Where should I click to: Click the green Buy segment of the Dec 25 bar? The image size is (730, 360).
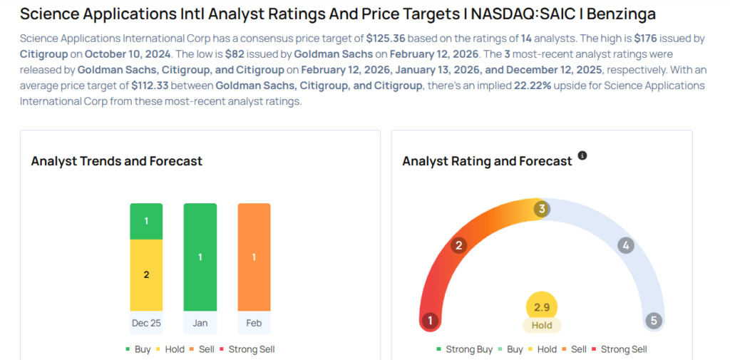(146, 221)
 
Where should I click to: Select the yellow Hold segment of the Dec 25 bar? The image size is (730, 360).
(146, 274)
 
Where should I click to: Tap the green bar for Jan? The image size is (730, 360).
(200, 257)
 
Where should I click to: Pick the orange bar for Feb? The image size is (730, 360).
(254, 257)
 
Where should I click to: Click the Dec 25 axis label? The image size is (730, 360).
(146, 323)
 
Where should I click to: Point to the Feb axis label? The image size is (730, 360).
(254, 323)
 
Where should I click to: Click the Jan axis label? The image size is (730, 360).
(200, 323)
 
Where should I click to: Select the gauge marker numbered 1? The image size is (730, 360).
(429, 321)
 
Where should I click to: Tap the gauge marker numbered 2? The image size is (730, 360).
(459, 246)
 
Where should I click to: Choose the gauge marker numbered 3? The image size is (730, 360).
(542, 209)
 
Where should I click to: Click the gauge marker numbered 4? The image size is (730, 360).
(626, 246)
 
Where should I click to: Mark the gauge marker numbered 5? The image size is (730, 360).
(654, 321)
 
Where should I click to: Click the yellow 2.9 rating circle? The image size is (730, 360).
(542, 307)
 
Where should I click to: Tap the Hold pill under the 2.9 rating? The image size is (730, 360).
(542, 325)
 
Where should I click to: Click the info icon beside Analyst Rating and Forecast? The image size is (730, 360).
(582, 155)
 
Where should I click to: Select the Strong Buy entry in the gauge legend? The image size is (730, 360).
(464, 349)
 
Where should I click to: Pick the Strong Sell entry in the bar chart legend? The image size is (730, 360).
(247, 349)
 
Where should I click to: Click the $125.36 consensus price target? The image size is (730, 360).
(386, 37)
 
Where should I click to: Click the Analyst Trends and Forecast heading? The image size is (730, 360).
(117, 161)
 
